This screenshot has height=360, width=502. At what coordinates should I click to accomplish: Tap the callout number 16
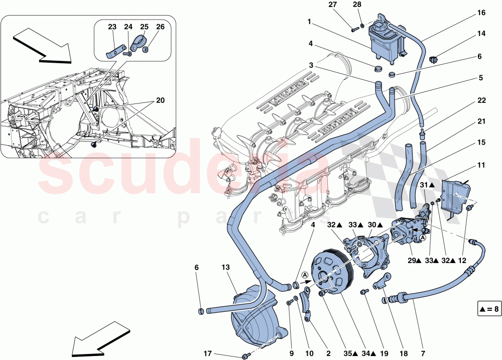[x=481, y=13]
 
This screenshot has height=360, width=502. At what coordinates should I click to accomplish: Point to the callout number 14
[x=481, y=35]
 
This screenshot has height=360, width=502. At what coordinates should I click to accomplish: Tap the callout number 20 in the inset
[x=160, y=100]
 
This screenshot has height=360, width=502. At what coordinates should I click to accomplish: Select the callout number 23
[x=112, y=27]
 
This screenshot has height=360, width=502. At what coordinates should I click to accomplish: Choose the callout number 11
[x=481, y=164]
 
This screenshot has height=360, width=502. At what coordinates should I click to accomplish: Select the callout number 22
[x=481, y=100]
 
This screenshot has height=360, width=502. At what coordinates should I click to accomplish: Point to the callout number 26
[x=160, y=27]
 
